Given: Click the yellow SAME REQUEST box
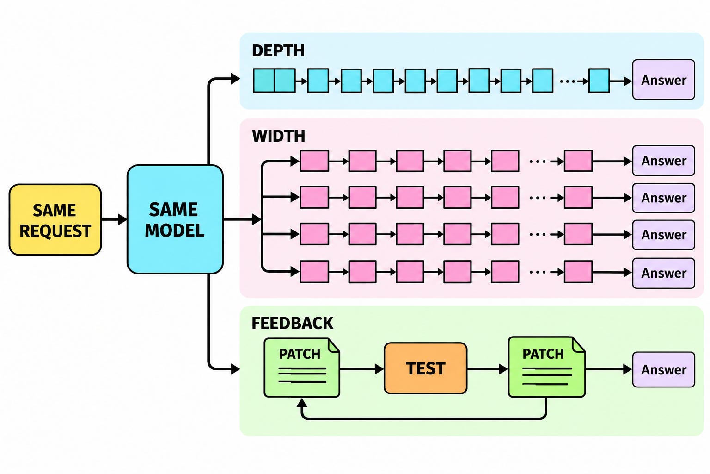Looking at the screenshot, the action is (55, 220).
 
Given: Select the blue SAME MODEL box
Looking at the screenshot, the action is (175, 219).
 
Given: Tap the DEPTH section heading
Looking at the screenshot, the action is (278, 51).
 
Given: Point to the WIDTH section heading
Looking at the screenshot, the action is (278, 136).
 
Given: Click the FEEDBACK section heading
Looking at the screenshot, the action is (292, 323).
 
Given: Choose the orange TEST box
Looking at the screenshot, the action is (425, 368).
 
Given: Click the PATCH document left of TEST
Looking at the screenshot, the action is (302, 368).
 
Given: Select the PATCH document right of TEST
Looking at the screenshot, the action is (547, 367).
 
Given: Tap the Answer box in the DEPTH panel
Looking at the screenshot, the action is (664, 80).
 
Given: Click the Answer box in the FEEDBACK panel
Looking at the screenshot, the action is (664, 369).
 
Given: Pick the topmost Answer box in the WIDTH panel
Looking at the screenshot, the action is (664, 161).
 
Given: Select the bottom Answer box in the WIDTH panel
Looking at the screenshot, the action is (664, 273).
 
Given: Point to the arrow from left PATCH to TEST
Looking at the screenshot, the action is (362, 369).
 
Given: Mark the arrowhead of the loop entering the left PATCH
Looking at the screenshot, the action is (302, 403).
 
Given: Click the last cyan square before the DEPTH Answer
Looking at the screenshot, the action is (599, 81).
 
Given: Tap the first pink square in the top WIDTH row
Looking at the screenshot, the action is (314, 161).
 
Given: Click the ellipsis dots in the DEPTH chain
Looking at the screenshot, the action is (567, 81).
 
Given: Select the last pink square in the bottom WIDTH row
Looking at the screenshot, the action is (578, 272).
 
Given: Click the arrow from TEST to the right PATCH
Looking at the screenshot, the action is (488, 369).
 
